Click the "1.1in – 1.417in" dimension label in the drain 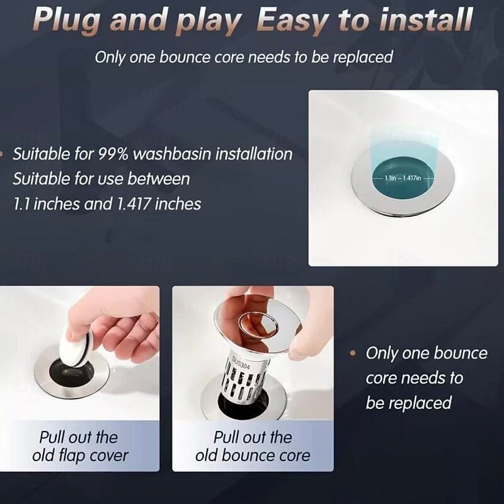click(x=404, y=178)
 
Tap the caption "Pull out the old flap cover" click(x=78, y=446)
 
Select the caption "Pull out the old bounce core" click(x=253, y=446)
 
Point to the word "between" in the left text click(x=158, y=179)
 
